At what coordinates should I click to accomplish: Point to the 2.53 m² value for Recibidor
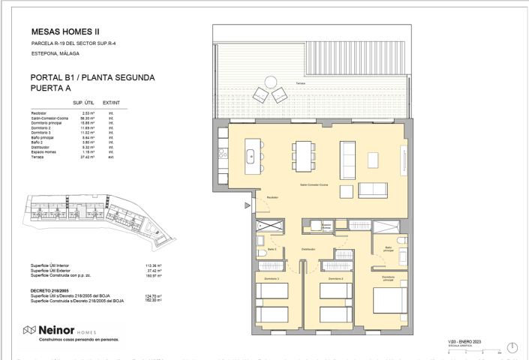pos(88,112)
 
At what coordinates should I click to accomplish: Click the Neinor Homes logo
pos(68,330)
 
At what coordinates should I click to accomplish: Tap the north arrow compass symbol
pos(513,346)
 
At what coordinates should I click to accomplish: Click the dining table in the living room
pos(303,156)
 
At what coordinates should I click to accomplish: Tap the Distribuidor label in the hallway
pos(309,249)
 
